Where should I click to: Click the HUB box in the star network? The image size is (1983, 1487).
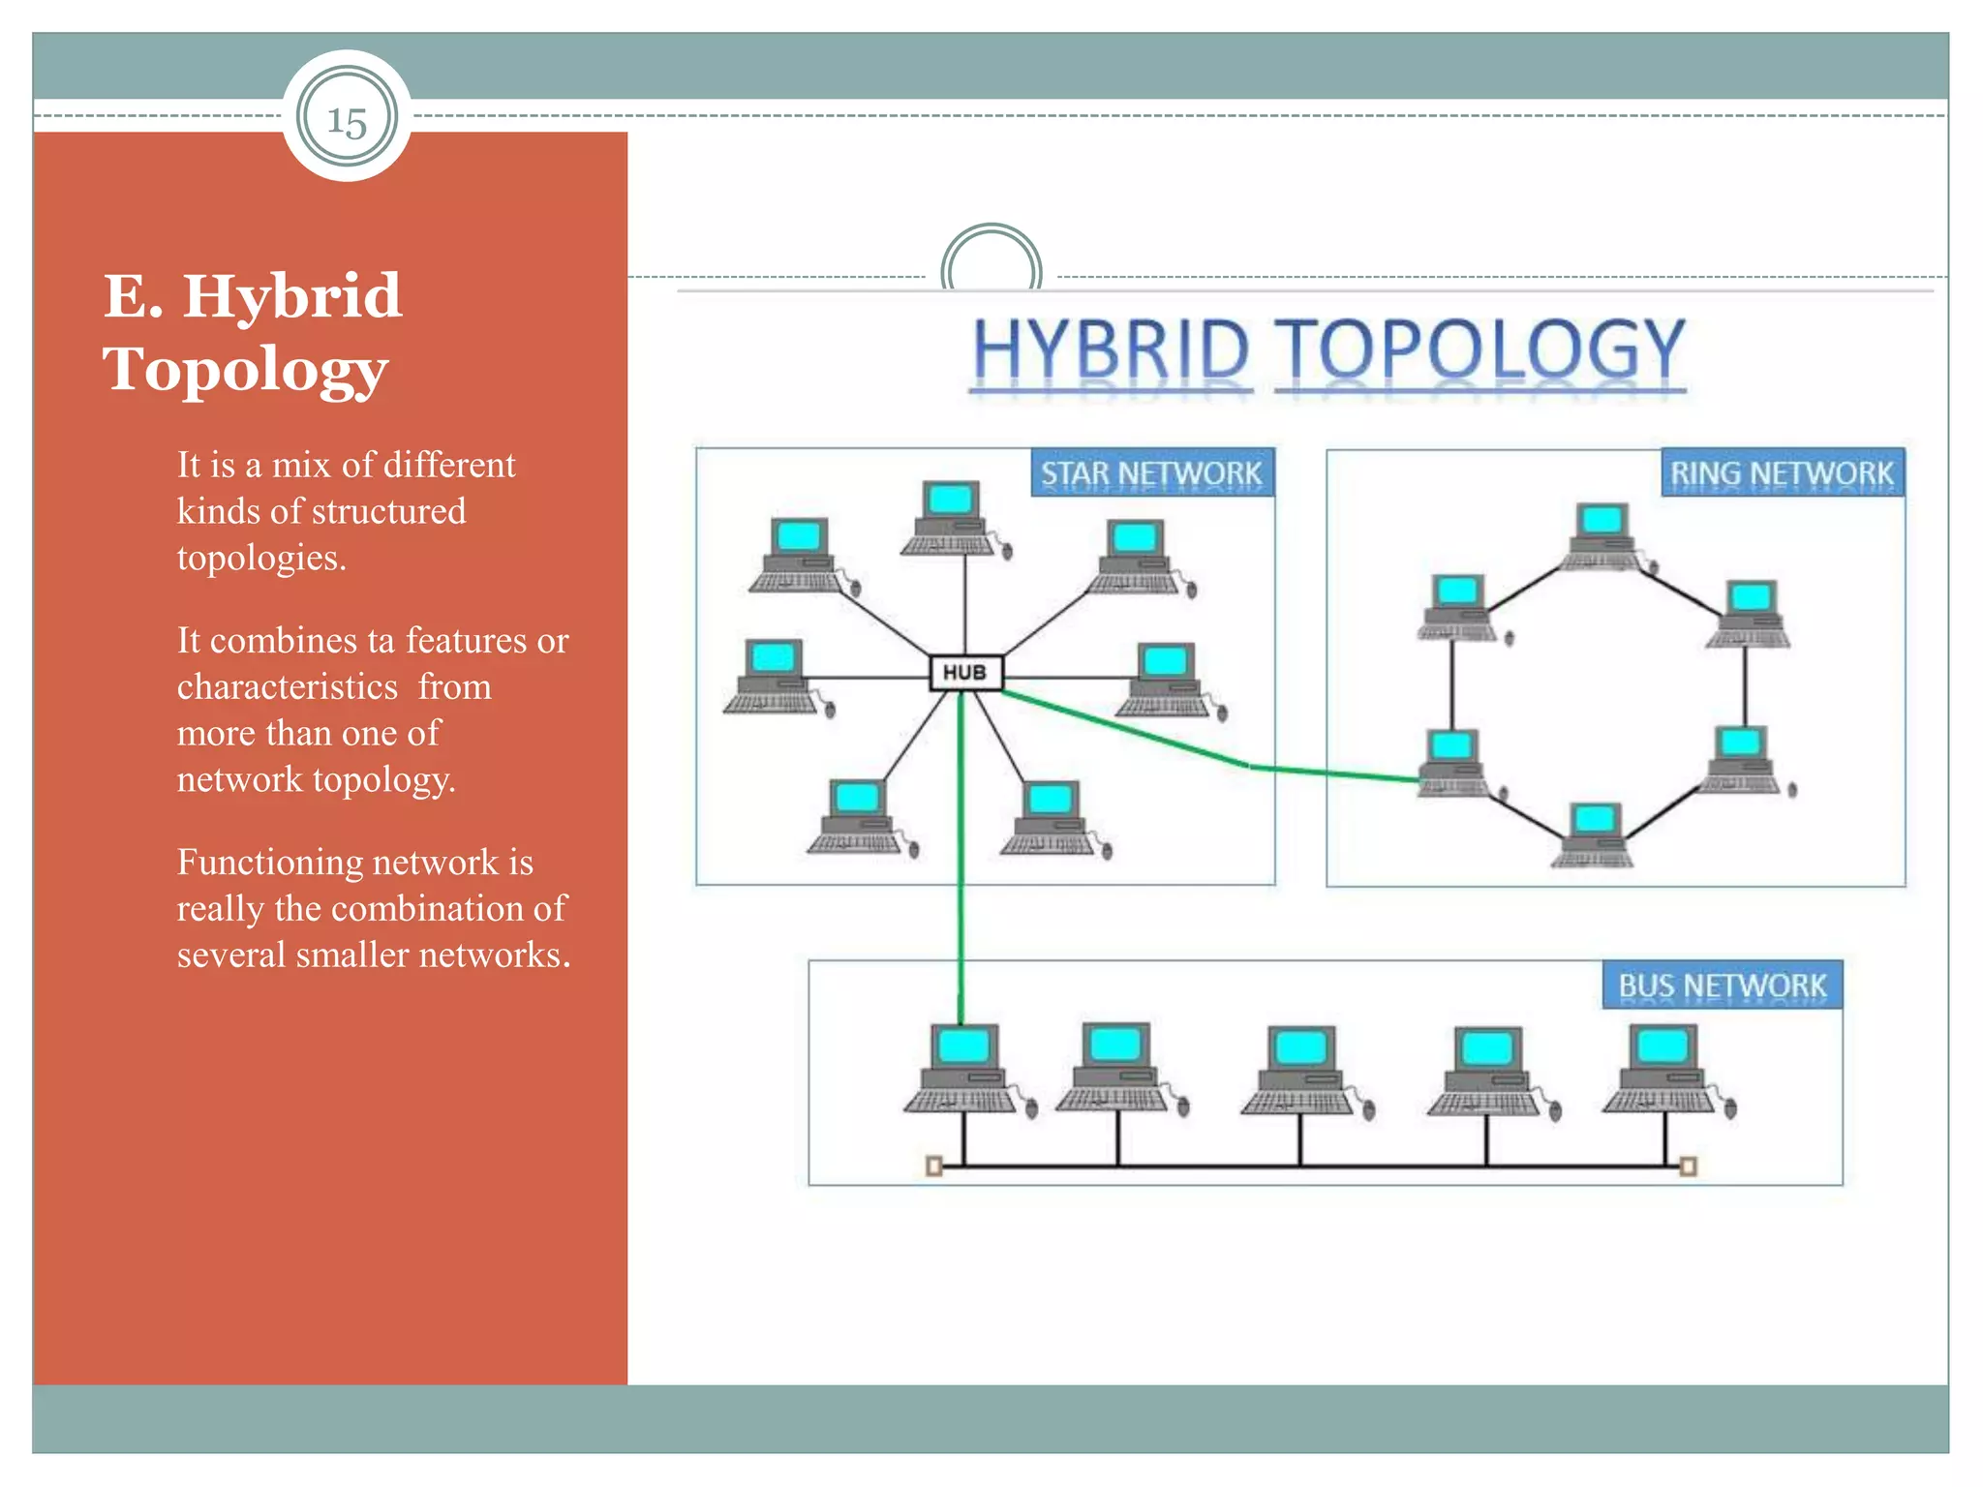(964, 673)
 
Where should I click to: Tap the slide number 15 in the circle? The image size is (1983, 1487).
(347, 121)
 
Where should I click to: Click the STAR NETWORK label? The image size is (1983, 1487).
(1151, 473)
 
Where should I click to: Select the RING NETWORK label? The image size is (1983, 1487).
(1782, 473)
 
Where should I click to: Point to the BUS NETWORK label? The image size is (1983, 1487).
(1722, 986)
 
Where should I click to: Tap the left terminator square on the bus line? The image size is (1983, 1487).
(933, 1166)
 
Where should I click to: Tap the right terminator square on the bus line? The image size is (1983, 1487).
(1688, 1166)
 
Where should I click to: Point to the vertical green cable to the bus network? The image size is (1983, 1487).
(961, 871)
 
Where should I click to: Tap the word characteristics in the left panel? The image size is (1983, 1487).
(287, 686)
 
